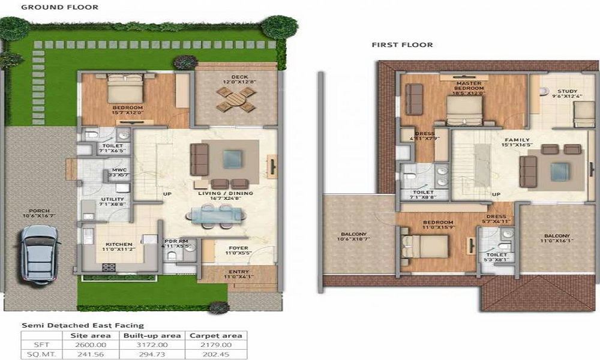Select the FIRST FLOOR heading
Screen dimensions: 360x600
coord(402,45)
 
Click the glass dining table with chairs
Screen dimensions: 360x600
coord(215,215)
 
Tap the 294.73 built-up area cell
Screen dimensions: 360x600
coord(152,354)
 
